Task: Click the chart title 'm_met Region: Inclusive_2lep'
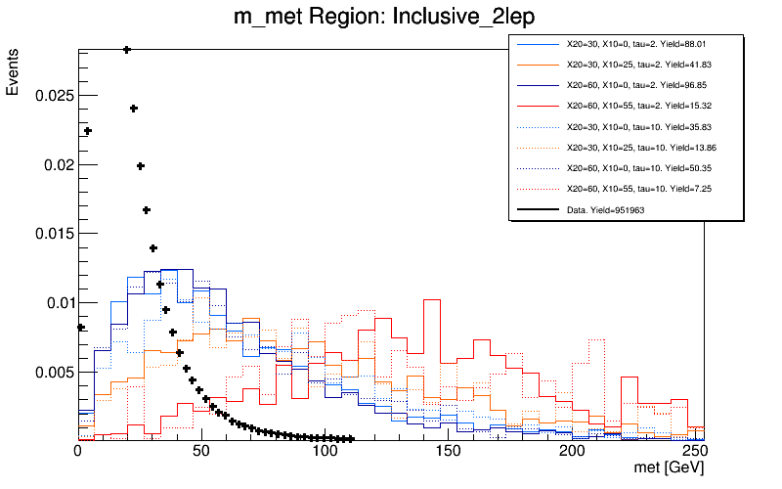[x=390, y=18]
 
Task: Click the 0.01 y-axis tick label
[x=57, y=303]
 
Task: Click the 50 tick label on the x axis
[x=201, y=453]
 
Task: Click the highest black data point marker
[x=127, y=49]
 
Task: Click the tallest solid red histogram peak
[x=433, y=300]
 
